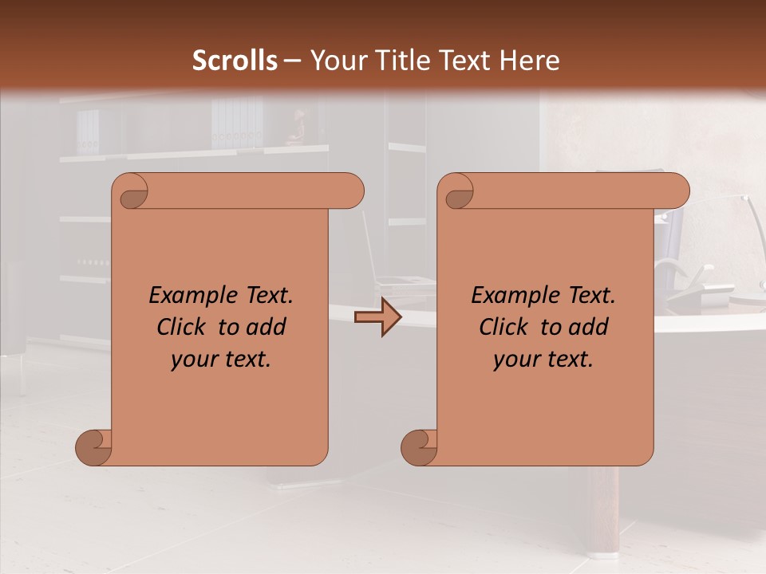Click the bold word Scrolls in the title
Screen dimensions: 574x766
pos(235,61)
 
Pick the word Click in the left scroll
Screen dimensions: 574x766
pos(175,327)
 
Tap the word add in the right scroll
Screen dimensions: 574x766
pos(590,327)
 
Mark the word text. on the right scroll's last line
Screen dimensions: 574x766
pos(571,360)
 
